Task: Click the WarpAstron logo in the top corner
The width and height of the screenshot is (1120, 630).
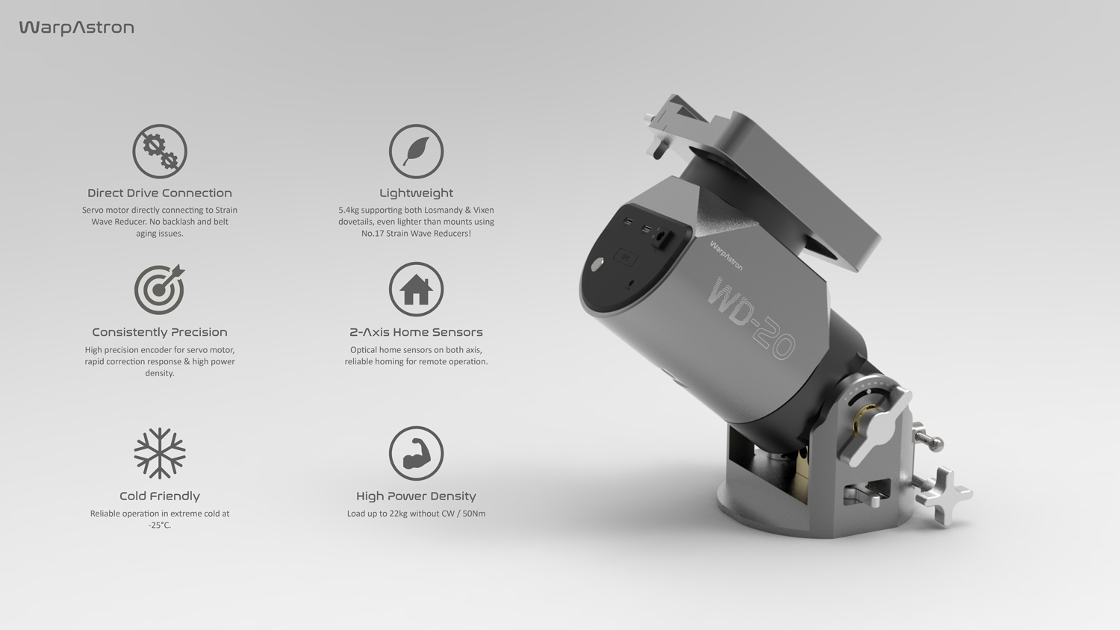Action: tap(76, 28)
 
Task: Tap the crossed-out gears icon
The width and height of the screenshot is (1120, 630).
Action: tap(160, 152)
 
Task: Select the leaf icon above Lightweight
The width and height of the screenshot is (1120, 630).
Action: tap(416, 152)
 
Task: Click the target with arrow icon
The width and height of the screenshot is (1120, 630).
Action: tap(160, 290)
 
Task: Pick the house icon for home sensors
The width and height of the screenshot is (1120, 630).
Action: tap(416, 290)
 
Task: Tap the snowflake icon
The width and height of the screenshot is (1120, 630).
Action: tap(160, 453)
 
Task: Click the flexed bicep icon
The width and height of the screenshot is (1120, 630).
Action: tap(416, 453)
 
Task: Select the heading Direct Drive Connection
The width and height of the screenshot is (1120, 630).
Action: tap(160, 193)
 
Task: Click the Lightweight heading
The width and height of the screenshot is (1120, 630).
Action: tap(416, 193)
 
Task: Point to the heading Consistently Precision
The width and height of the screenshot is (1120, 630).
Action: tap(160, 332)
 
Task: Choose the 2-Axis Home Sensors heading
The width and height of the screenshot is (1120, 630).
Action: tap(416, 332)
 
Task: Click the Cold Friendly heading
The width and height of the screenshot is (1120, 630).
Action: tap(160, 496)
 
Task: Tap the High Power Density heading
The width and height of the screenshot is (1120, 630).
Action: tap(416, 496)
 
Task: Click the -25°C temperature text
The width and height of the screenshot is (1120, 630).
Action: tap(160, 525)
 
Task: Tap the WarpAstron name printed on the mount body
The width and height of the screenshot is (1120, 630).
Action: tap(726, 255)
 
